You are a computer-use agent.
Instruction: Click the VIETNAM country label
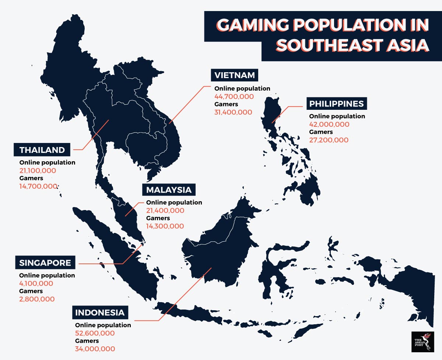(235, 75)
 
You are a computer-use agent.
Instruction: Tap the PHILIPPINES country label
(337, 104)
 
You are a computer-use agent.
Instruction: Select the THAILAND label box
(42, 150)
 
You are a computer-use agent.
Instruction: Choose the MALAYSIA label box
(169, 190)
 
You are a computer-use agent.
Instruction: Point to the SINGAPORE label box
(45, 263)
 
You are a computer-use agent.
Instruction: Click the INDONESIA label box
(100, 313)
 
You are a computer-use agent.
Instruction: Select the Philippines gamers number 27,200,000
(329, 140)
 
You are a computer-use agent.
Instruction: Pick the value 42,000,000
(329, 124)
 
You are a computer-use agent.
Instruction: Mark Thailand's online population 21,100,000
(38, 170)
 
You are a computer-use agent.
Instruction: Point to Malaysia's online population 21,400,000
(165, 210)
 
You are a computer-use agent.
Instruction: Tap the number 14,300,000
(165, 226)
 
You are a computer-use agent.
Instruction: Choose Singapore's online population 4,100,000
(36, 283)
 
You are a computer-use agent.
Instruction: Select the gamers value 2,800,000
(37, 299)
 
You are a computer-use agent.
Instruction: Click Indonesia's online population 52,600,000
(95, 333)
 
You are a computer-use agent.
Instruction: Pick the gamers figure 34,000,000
(95, 349)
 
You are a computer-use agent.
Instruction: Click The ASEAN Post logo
(422, 342)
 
